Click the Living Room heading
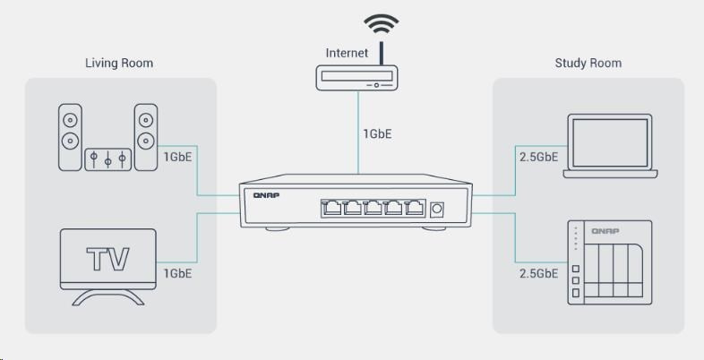[118, 64]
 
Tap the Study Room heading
[588, 64]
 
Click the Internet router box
[358, 80]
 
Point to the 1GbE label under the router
[377, 134]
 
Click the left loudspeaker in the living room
[70, 137]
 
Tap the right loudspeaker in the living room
[146, 137]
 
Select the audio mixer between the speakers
[108, 159]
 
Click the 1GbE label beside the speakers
[178, 157]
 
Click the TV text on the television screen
[107, 260]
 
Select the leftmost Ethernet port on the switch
[331, 209]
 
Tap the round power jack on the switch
[438, 209]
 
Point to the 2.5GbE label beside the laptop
[539, 157]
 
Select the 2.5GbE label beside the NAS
[539, 274]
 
